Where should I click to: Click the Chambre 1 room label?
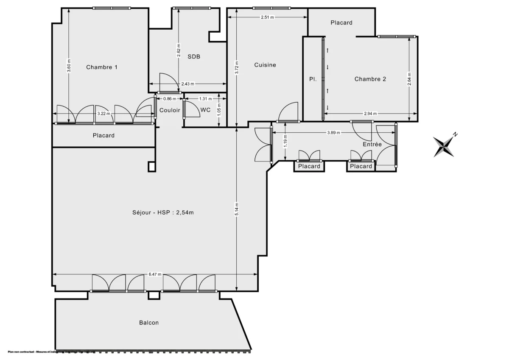[102, 67]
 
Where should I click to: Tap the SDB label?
[194, 56]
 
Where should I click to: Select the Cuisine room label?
[265, 65]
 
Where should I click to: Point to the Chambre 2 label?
[370, 79]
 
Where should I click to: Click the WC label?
[205, 110]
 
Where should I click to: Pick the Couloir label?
[170, 110]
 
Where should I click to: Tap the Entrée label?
[372, 145]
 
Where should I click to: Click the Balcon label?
[149, 323]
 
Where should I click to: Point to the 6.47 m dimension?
[155, 274]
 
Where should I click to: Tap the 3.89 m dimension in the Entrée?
[333, 132]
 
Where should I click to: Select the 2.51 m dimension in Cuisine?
[267, 17]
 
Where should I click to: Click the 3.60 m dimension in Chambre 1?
[69, 66]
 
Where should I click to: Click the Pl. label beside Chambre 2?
[313, 79]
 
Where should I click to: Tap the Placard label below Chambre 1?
[103, 136]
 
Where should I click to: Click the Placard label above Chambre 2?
[341, 23]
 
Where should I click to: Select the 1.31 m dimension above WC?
[206, 99]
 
